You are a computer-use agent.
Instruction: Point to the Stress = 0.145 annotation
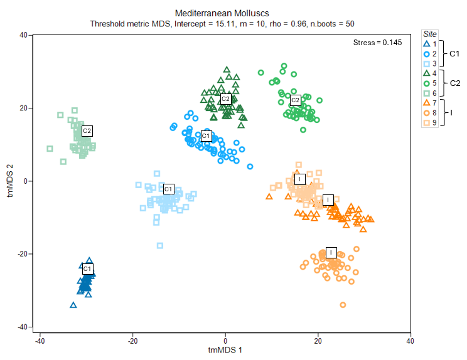(378, 43)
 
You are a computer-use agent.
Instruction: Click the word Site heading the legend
(430, 34)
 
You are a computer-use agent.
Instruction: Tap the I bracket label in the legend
(451, 112)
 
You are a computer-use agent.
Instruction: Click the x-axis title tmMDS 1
(225, 349)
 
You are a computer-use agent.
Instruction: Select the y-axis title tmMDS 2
(9, 181)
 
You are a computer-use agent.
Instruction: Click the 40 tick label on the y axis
(21, 35)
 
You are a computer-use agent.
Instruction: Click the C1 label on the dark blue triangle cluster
(88, 268)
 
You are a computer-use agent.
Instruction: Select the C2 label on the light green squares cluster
(87, 130)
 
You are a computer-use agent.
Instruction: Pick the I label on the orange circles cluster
(332, 252)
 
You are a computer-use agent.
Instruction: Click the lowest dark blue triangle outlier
(73, 305)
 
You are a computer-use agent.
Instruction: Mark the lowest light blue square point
(160, 245)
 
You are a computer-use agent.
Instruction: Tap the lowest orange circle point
(343, 305)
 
